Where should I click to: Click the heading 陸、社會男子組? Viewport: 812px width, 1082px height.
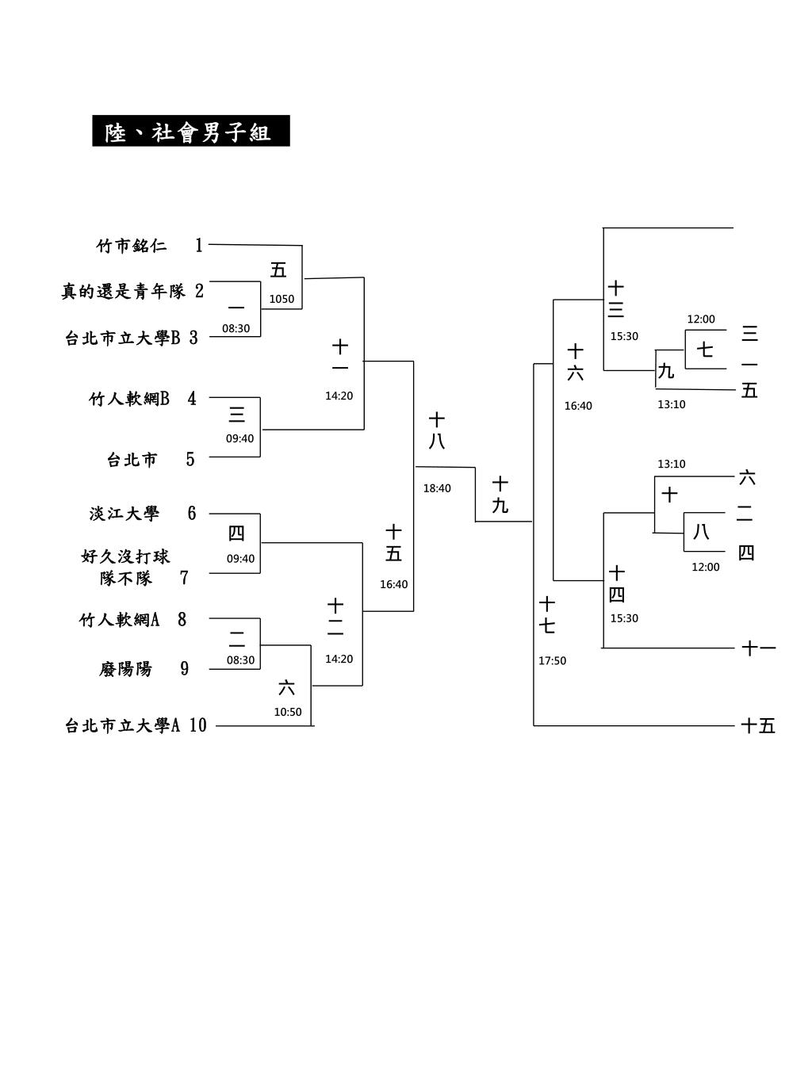pos(190,132)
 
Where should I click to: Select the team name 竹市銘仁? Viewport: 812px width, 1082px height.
pos(132,246)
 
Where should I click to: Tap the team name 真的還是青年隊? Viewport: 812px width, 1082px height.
pos(124,292)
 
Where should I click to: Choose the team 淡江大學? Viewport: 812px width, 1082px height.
pos(124,514)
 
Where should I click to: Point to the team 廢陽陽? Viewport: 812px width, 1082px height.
pos(125,669)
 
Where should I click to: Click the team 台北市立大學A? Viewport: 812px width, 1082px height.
pos(123,725)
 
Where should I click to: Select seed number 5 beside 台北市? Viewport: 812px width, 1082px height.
pos(190,460)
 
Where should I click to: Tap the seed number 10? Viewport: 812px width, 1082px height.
pos(197,725)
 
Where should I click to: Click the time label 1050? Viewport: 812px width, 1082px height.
pos(282,300)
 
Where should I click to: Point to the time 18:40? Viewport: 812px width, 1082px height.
pos(437,488)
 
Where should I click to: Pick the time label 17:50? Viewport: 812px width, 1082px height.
pos(552,661)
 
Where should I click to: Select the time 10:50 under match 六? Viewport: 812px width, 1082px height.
pos(288,712)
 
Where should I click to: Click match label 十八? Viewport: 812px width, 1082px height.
pos(437,430)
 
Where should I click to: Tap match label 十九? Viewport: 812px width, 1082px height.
pos(500,495)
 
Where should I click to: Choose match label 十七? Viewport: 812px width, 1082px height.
pos(547,615)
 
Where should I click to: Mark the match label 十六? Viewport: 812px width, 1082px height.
pos(576,361)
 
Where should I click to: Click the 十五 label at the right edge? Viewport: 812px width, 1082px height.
pos(758,725)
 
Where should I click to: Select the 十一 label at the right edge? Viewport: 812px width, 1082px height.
pos(758,648)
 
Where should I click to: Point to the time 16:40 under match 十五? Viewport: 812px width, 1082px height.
pos(394,585)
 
